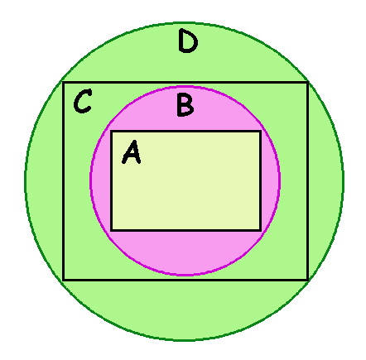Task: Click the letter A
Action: [132, 152]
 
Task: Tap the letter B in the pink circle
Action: [185, 105]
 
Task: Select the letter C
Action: [83, 101]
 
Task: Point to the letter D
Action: [188, 41]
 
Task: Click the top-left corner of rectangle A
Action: [112, 132]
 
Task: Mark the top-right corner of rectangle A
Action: [260, 132]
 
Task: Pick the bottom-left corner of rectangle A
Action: [112, 230]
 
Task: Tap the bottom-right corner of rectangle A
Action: [260, 230]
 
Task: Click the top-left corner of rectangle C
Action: [64, 83]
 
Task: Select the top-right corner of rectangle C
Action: [307, 83]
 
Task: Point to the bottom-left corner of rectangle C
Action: [64, 280]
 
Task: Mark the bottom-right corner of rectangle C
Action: [307, 280]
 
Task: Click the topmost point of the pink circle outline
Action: [185, 87]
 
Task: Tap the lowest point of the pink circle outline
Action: [185, 275]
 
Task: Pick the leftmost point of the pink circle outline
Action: [90, 180]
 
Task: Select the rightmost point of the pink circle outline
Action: [280, 180]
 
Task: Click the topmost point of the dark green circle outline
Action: [185, 22]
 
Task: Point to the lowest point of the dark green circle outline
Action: [185, 340]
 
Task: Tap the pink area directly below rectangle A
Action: [185, 252]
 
